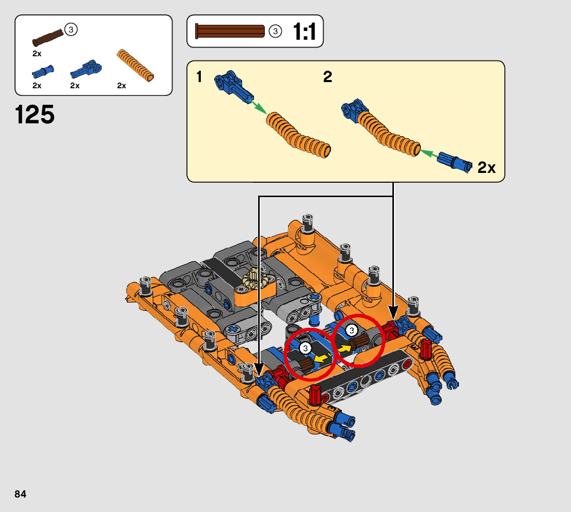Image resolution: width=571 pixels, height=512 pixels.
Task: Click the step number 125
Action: tap(35, 115)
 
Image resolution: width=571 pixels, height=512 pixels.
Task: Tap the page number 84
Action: tap(21, 494)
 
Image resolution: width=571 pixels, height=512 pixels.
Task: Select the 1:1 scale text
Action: tap(305, 31)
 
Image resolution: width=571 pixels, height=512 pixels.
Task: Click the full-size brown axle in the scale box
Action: tap(230, 31)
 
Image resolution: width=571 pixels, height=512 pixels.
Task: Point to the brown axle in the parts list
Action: tap(47, 38)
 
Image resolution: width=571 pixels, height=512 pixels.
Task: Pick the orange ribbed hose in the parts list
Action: tap(135, 66)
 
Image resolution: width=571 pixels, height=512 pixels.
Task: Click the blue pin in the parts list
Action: tap(43, 72)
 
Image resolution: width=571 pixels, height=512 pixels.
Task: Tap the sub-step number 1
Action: tap(199, 77)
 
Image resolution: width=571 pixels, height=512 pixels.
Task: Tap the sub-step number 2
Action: tap(327, 77)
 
